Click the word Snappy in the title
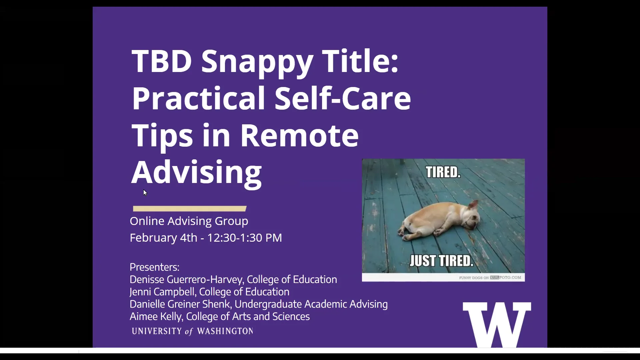point(257,62)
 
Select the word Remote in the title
point(299,135)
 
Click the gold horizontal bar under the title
point(190,209)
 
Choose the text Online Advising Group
point(189,221)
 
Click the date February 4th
point(163,238)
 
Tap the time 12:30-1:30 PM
point(245,238)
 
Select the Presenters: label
point(154,267)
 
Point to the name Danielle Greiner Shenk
point(180,304)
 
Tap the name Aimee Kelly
point(156,316)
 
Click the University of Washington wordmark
point(192,331)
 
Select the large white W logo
point(497,325)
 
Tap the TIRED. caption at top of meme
point(443,172)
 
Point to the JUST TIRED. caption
point(441,261)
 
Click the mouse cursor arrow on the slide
point(145,193)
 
